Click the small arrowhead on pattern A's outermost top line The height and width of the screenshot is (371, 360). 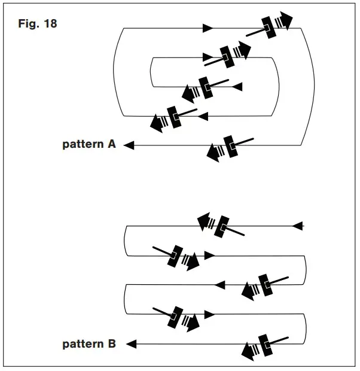pyautogui.click(x=208, y=28)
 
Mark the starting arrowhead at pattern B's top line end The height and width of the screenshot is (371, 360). pyautogui.click(x=299, y=226)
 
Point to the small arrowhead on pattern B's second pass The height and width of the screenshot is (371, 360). pyautogui.click(x=209, y=256)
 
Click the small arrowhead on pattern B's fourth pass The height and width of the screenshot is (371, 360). pyautogui.click(x=209, y=314)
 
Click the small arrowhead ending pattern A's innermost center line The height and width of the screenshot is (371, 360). pyautogui.click(x=237, y=87)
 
